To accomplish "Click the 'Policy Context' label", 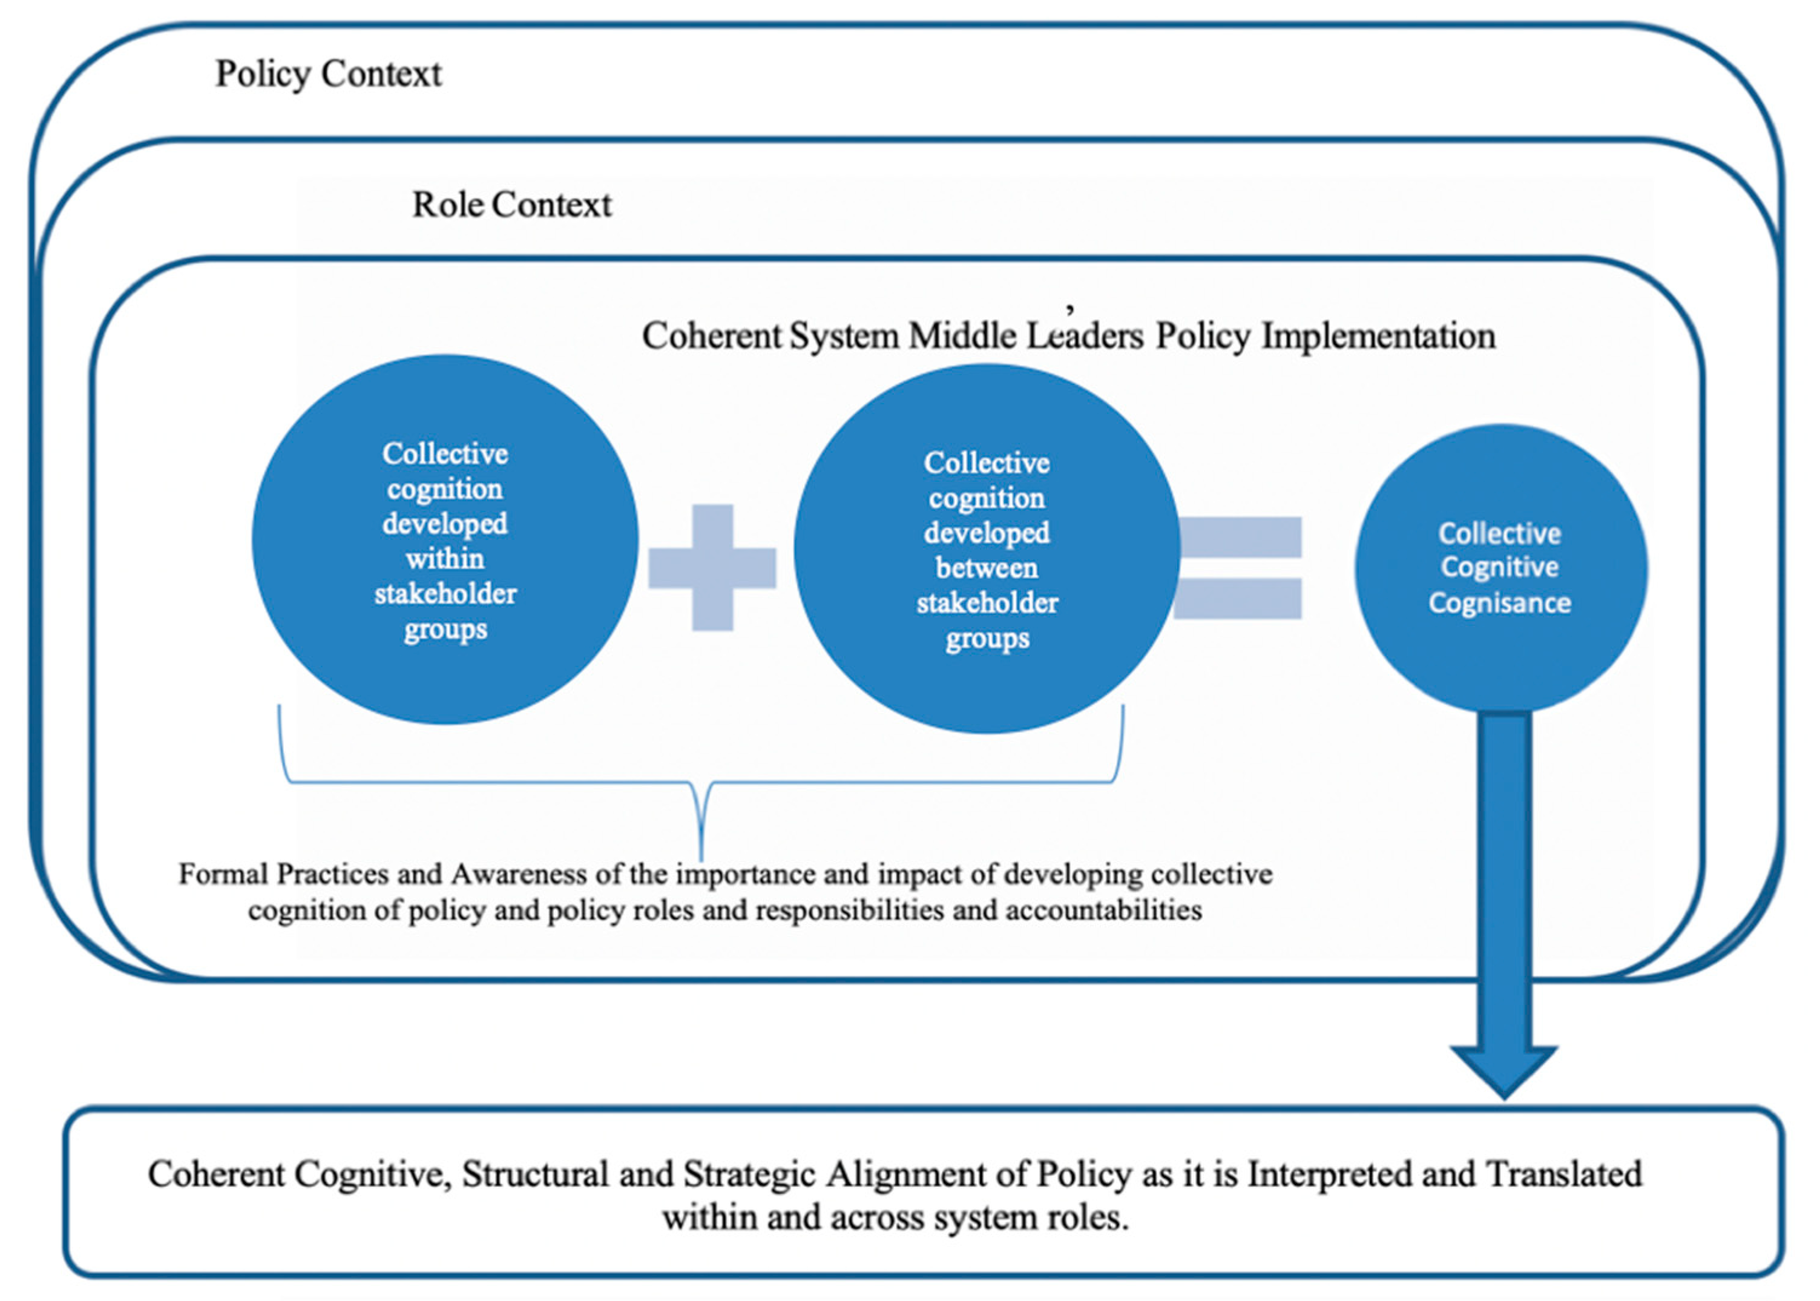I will (328, 74).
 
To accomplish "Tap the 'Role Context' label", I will (511, 205).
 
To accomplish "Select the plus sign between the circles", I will (712, 567).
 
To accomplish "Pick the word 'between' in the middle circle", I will (987, 568).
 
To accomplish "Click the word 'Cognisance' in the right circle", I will (1500, 602).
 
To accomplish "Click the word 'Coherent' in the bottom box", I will (216, 1175).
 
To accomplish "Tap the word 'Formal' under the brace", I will (223, 874).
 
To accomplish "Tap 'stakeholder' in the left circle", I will (445, 594).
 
